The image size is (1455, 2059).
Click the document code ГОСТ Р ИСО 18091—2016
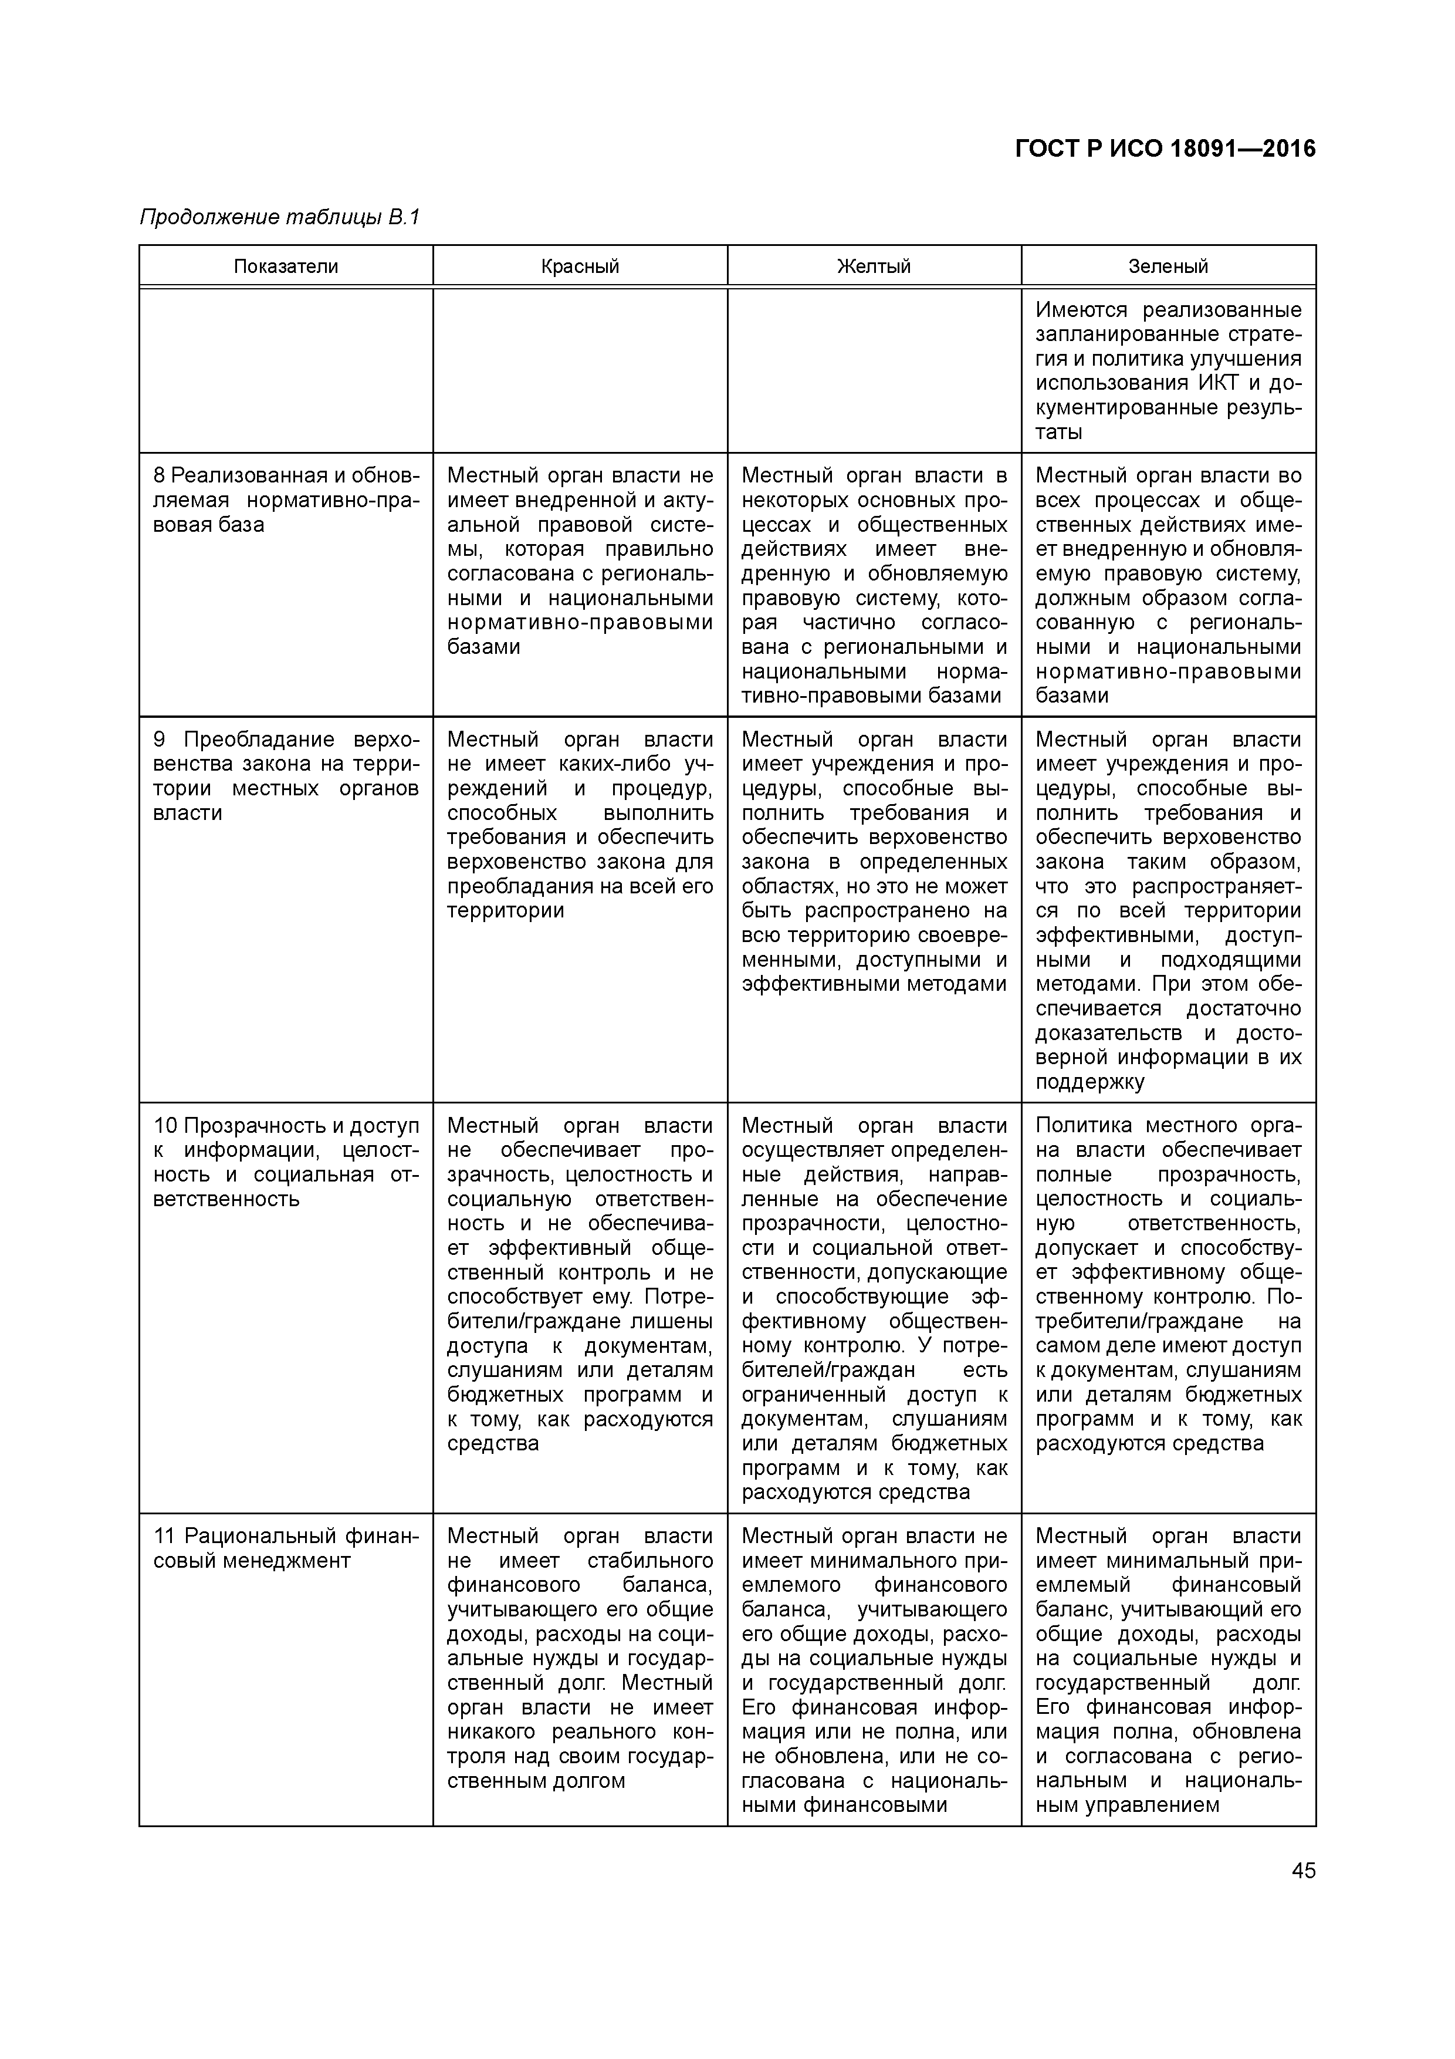click(1165, 149)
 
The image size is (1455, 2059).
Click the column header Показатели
click(286, 266)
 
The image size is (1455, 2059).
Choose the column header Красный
click(580, 266)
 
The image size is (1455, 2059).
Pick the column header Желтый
click(874, 266)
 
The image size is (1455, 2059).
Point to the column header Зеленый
click(1168, 266)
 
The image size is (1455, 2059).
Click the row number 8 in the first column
click(158, 475)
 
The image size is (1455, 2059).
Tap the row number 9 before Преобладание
click(160, 740)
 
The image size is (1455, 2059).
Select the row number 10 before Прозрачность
click(165, 1125)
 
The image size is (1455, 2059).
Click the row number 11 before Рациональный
click(164, 1536)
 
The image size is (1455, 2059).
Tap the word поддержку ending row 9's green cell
click(1089, 1082)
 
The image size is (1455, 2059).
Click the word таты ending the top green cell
click(1059, 432)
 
